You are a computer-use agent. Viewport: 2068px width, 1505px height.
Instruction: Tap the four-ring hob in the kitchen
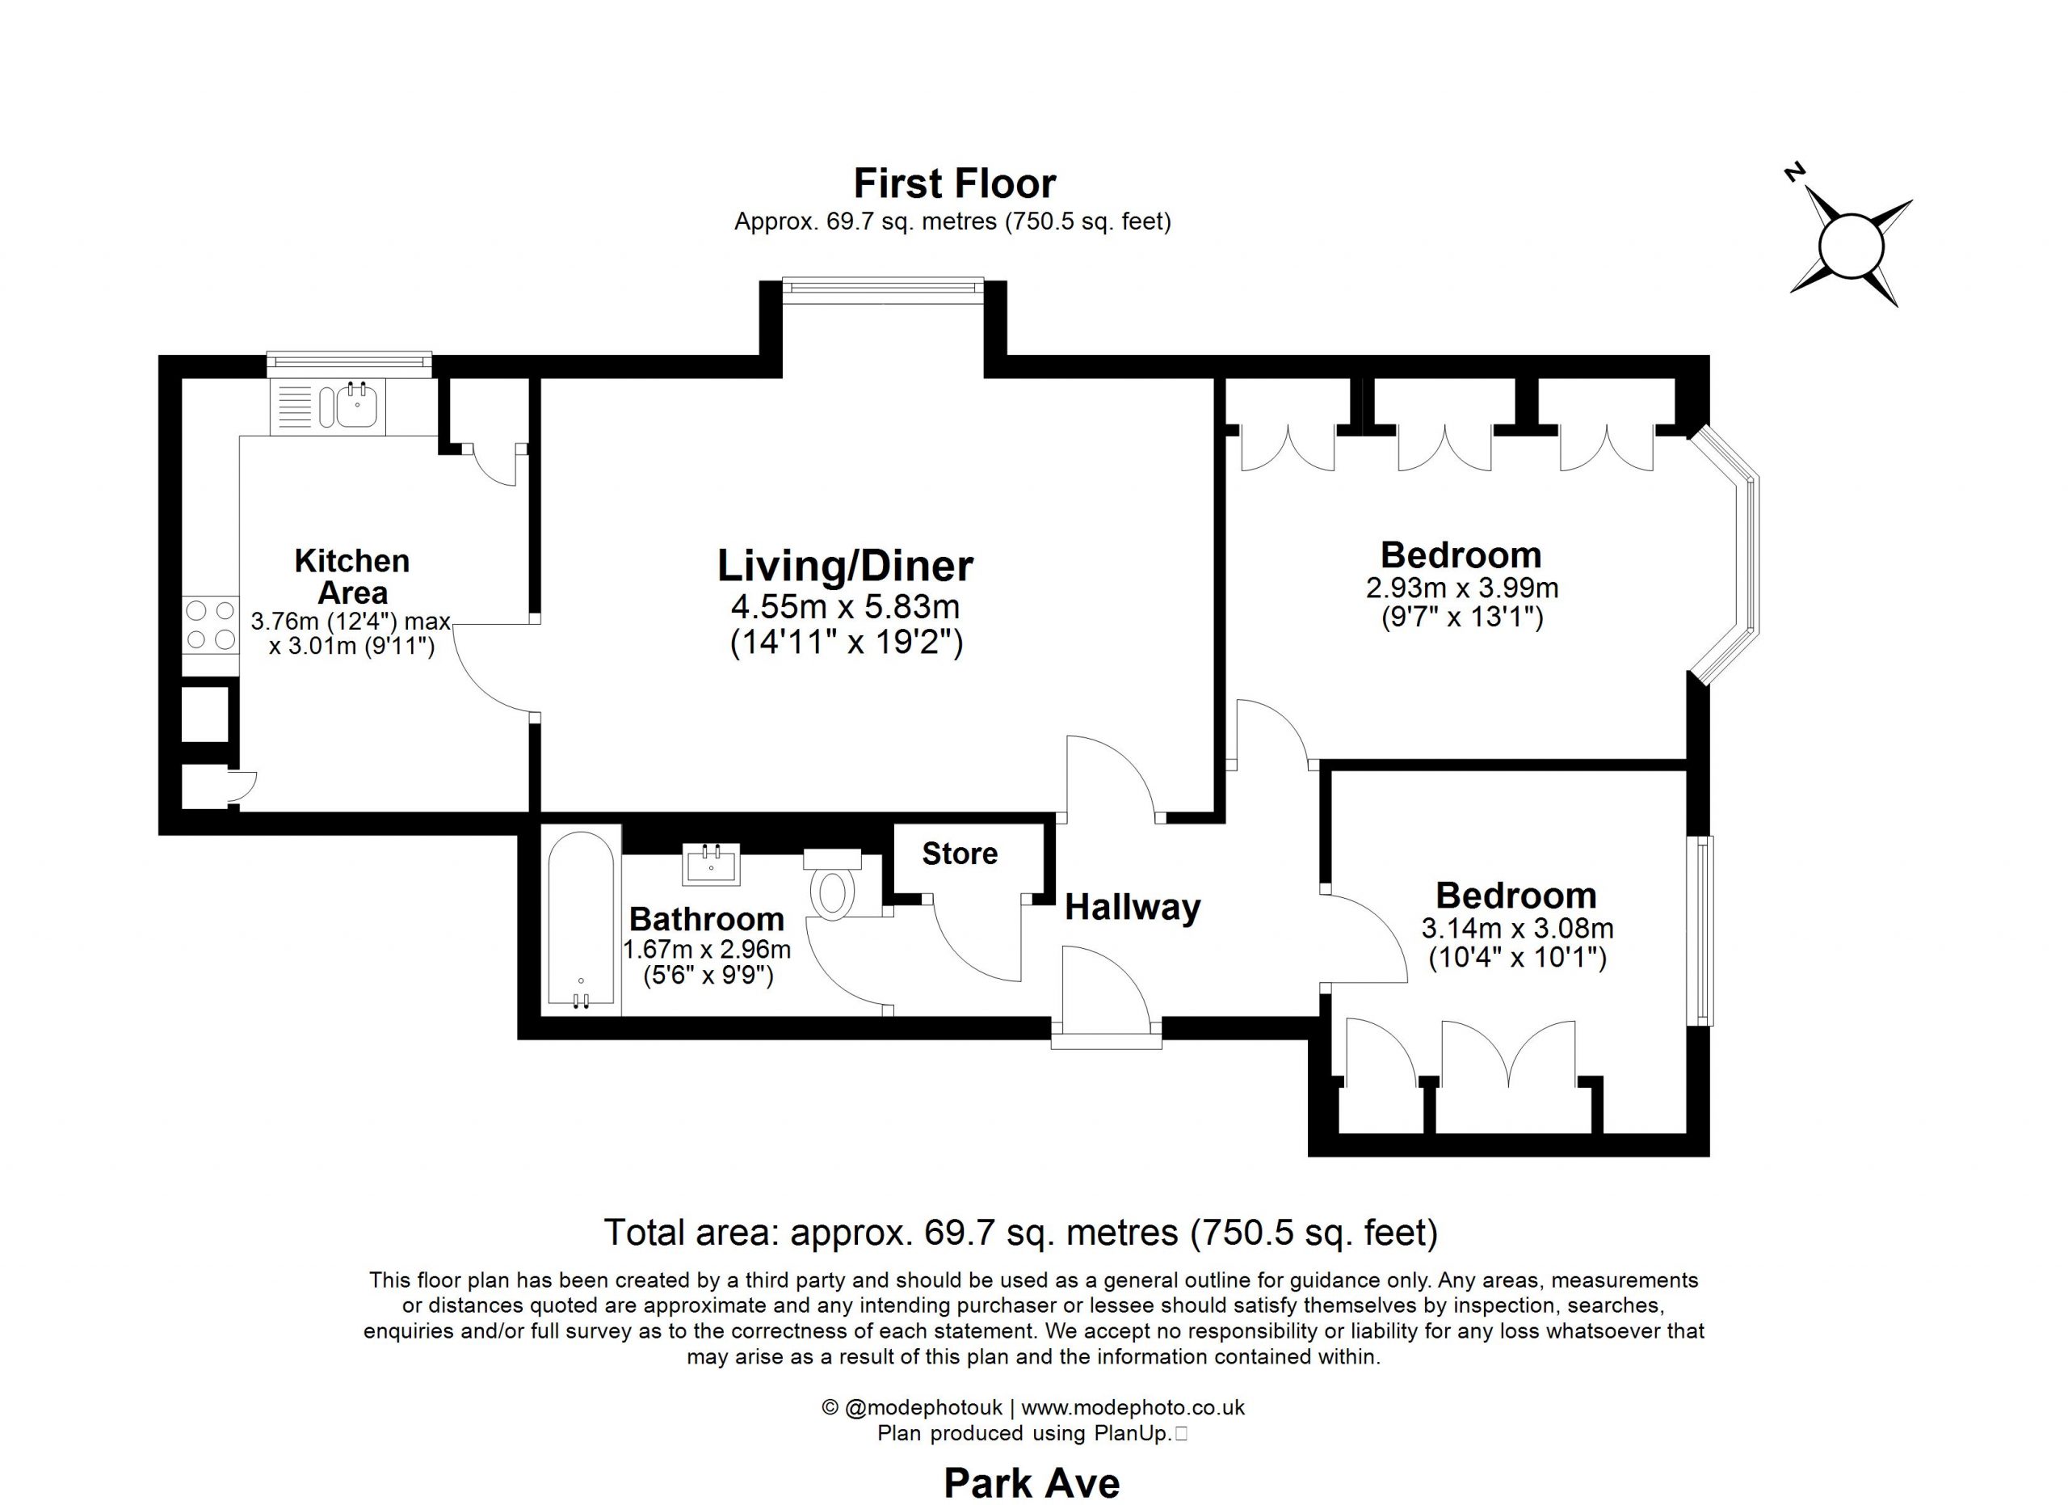(x=211, y=624)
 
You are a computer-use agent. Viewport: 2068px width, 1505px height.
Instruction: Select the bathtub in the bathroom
(x=581, y=920)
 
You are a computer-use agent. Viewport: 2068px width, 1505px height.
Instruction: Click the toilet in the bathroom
(x=833, y=882)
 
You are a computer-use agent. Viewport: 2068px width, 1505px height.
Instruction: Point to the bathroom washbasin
(x=711, y=864)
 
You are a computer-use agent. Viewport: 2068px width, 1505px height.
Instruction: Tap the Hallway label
(x=1133, y=908)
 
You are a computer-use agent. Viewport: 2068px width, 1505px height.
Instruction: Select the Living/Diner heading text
(x=845, y=566)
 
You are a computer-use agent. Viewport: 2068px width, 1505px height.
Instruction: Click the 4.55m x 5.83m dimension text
(x=845, y=606)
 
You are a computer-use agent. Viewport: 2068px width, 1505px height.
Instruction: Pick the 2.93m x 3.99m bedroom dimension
(x=1461, y=588)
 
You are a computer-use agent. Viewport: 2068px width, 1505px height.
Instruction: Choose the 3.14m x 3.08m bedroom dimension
(x=1517, y=929)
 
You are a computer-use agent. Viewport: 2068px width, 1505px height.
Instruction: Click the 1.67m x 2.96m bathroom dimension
(x=707, y=950)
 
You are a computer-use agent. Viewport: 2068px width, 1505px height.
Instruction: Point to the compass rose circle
(x=1851, y=246)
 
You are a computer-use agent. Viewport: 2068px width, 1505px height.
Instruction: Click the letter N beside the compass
(x=1796, y=173)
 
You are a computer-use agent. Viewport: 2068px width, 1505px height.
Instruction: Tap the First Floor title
(x=955, y=183)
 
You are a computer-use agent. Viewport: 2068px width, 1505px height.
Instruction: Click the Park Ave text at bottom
(x=1032, y=1483)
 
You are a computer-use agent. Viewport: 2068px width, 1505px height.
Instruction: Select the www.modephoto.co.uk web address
(x=1133, y=1407)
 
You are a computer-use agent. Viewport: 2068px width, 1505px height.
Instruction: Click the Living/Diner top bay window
(x=883, y=285)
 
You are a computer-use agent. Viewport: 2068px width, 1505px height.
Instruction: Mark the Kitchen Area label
(x=352, y=576)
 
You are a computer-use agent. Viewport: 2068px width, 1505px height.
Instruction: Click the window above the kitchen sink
(x=349, y=363)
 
